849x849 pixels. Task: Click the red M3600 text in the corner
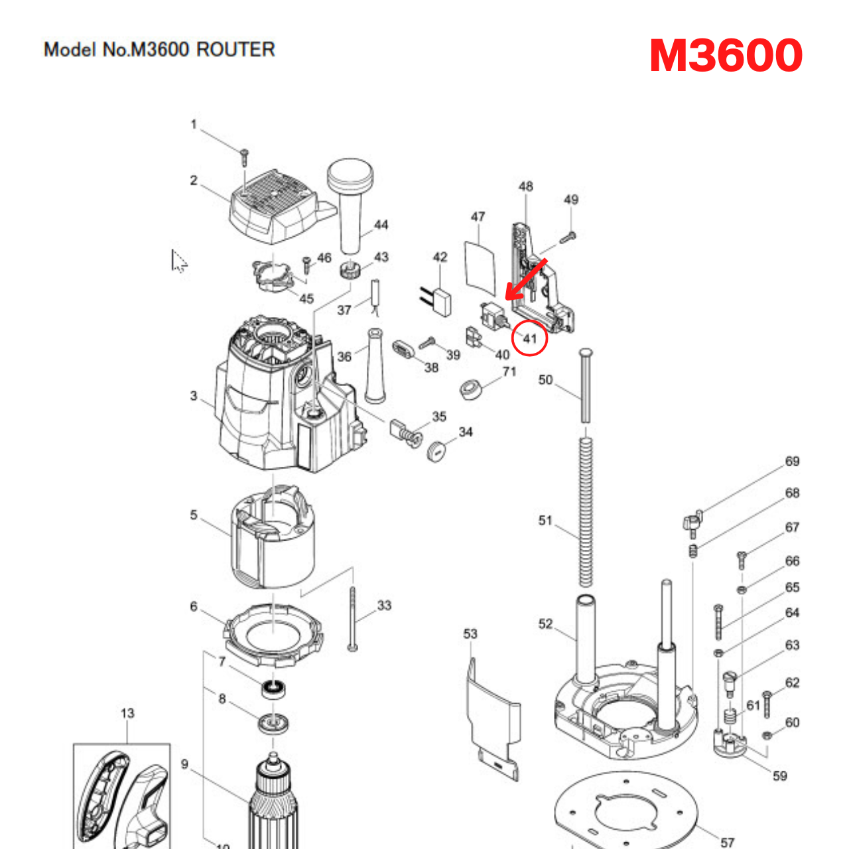[x=726, y=56]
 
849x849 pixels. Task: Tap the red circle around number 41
[x=529, y=338]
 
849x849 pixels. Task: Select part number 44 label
[x=381, y=225]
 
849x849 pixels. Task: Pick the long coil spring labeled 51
[x=585, y=511]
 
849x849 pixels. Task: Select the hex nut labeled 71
[x=472, y=388]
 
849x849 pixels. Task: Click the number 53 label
[x=470, y=634]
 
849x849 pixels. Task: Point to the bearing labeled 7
[x=272, y=688]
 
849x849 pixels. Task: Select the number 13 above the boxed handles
[x=127, y=713]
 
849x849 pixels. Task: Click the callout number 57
[x=728, y=842]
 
